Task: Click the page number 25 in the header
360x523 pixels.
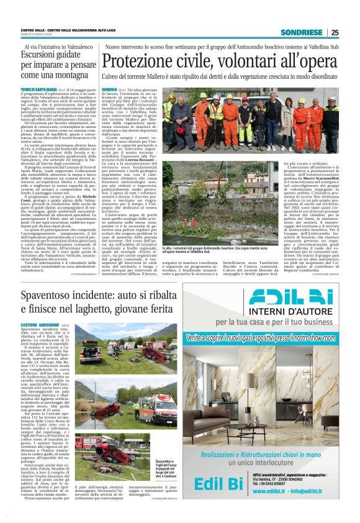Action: click(335, 32)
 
